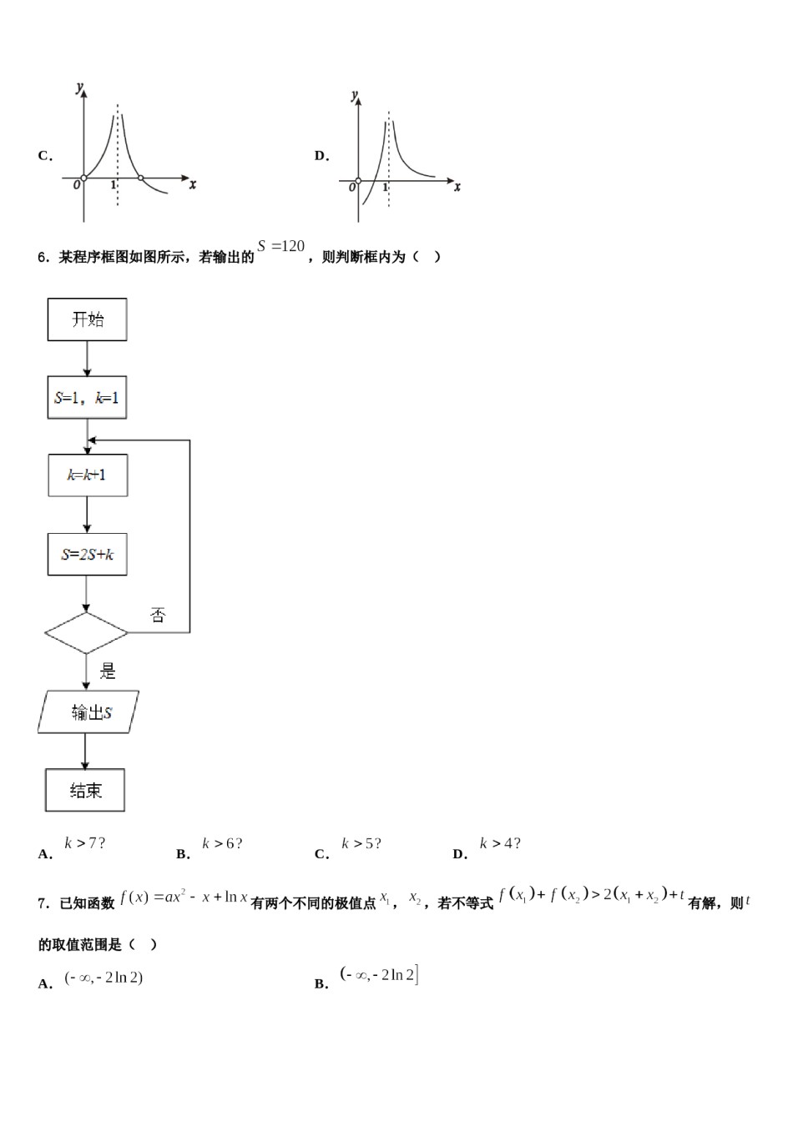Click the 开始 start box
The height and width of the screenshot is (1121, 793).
(87, 319)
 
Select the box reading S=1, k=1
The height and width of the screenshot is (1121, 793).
(87, 398)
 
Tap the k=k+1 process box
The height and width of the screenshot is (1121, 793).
(88, 475)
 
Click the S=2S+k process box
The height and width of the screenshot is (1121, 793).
(87, 555)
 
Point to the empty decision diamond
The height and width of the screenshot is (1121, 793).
(86, 633)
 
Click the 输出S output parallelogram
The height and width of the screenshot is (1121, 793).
(88, 712)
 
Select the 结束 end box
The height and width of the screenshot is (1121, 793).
(85, 790)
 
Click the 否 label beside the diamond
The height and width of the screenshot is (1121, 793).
(158, 616)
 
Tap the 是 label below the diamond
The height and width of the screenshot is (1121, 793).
(108, 671)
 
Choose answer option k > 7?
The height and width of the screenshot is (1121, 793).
(85, 843)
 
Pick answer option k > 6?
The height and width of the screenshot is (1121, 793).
(222, 843)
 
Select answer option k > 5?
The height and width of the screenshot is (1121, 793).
(361, 843)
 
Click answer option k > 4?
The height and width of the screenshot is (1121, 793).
(500, 843)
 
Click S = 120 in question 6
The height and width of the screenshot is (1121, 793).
(281, 246)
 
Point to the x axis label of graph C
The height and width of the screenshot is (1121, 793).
(193, 184)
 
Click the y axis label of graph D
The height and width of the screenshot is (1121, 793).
(355, 94)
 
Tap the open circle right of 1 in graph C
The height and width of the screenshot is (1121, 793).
(140, 178)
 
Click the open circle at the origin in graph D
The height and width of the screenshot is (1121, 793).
(358, 180)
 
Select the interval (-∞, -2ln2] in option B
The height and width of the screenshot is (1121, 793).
(379, 974)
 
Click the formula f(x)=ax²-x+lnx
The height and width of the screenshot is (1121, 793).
(184, 897)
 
